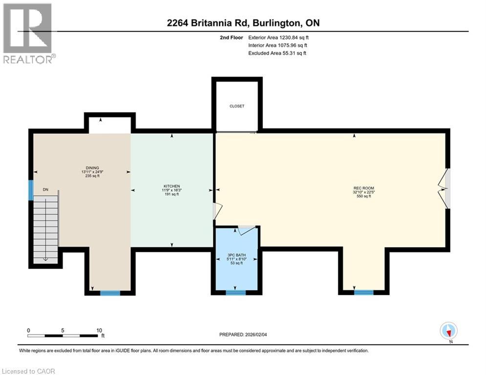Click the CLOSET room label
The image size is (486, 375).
pyautogui.click(x=237, y=106)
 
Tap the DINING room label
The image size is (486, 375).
pyautogui.click(x=92, y=167)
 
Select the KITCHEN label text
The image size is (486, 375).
pyautogui.click(x=172, y=186)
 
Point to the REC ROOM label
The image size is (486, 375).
pyautogui.click(x=363, y=188)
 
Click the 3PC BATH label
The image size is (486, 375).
pyautogui.click(x=236, y=255)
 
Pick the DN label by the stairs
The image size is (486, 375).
pyautogui.click(x=45, y=189)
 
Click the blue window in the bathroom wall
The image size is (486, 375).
pyautogui.click(x=235, y=292)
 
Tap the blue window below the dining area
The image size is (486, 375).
pyautogui.click(x=110, y=293)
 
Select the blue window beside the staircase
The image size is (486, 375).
pyautogui.click(x=31, y=190)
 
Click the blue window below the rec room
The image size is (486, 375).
pyautogui.click(x=364, y=292)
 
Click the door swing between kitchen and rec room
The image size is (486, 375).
pyautogui.click(x=217, y=211)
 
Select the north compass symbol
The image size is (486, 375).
pyautogui.click(x=448, y=331)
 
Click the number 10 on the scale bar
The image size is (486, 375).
pyautogui.click(x=99, y=331)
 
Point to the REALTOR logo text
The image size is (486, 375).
pyautogui.click(x=27, y=59)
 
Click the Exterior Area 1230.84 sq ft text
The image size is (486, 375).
pyautogui.click(x=278, y=38)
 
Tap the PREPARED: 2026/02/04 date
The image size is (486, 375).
pyautogui.click(x=243, y=334)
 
